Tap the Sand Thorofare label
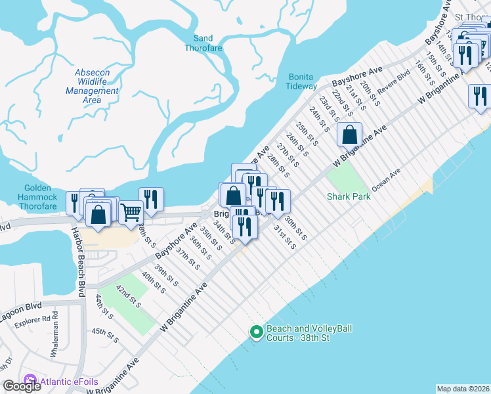tap(203, 43)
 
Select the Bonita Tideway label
tap(302, 81)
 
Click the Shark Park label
tap(349, 196)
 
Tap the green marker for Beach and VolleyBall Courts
tap(257, 333)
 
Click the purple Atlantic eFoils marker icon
tap(28, 380)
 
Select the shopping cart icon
tap(131, 211)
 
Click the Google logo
tap(22, 386)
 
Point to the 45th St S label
tap(105, 336)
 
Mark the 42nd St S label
tap(128, 296)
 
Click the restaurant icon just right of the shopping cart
tap(152, 200)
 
